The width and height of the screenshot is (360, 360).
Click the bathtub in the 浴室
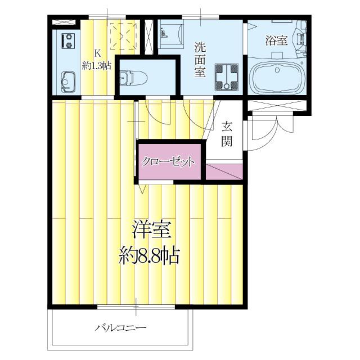coord(277,77)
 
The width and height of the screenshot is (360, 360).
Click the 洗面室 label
coord(200,58)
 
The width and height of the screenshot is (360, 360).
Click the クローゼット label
coord(168,162)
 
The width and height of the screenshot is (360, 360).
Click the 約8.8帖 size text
coord(150,257)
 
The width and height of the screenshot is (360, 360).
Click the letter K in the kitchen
coord(97,53)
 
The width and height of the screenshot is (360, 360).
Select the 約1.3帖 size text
coord(96,66)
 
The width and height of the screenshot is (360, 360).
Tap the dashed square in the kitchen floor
coord(123,34)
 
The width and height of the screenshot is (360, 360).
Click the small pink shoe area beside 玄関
coord(225,173)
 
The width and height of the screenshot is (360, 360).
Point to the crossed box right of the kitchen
coord(148,37)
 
